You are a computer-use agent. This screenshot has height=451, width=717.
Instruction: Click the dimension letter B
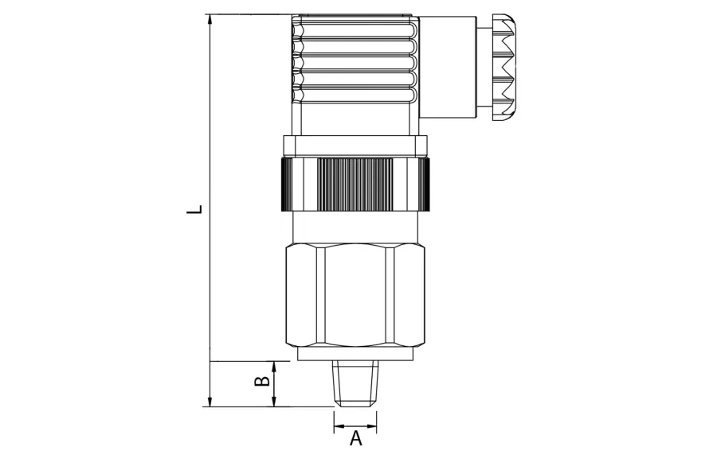(x=262, y=381)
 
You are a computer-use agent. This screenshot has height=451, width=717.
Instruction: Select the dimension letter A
(x=356, y=438)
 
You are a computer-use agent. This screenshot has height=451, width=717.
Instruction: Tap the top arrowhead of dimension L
(x=210, y=19)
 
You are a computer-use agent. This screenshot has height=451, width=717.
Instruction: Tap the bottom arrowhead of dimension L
(x=210, y=401)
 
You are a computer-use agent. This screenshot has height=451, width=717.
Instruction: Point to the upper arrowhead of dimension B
(x=274, y=367)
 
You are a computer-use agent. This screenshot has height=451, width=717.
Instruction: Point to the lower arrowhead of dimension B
(x=274, y=401)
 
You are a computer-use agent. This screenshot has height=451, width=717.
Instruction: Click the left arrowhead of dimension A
(x=339, y=428)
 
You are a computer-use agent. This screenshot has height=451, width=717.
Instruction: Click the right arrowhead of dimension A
(x=371, y=428)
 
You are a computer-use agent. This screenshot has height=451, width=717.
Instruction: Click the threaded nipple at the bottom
(x=355, y=383)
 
